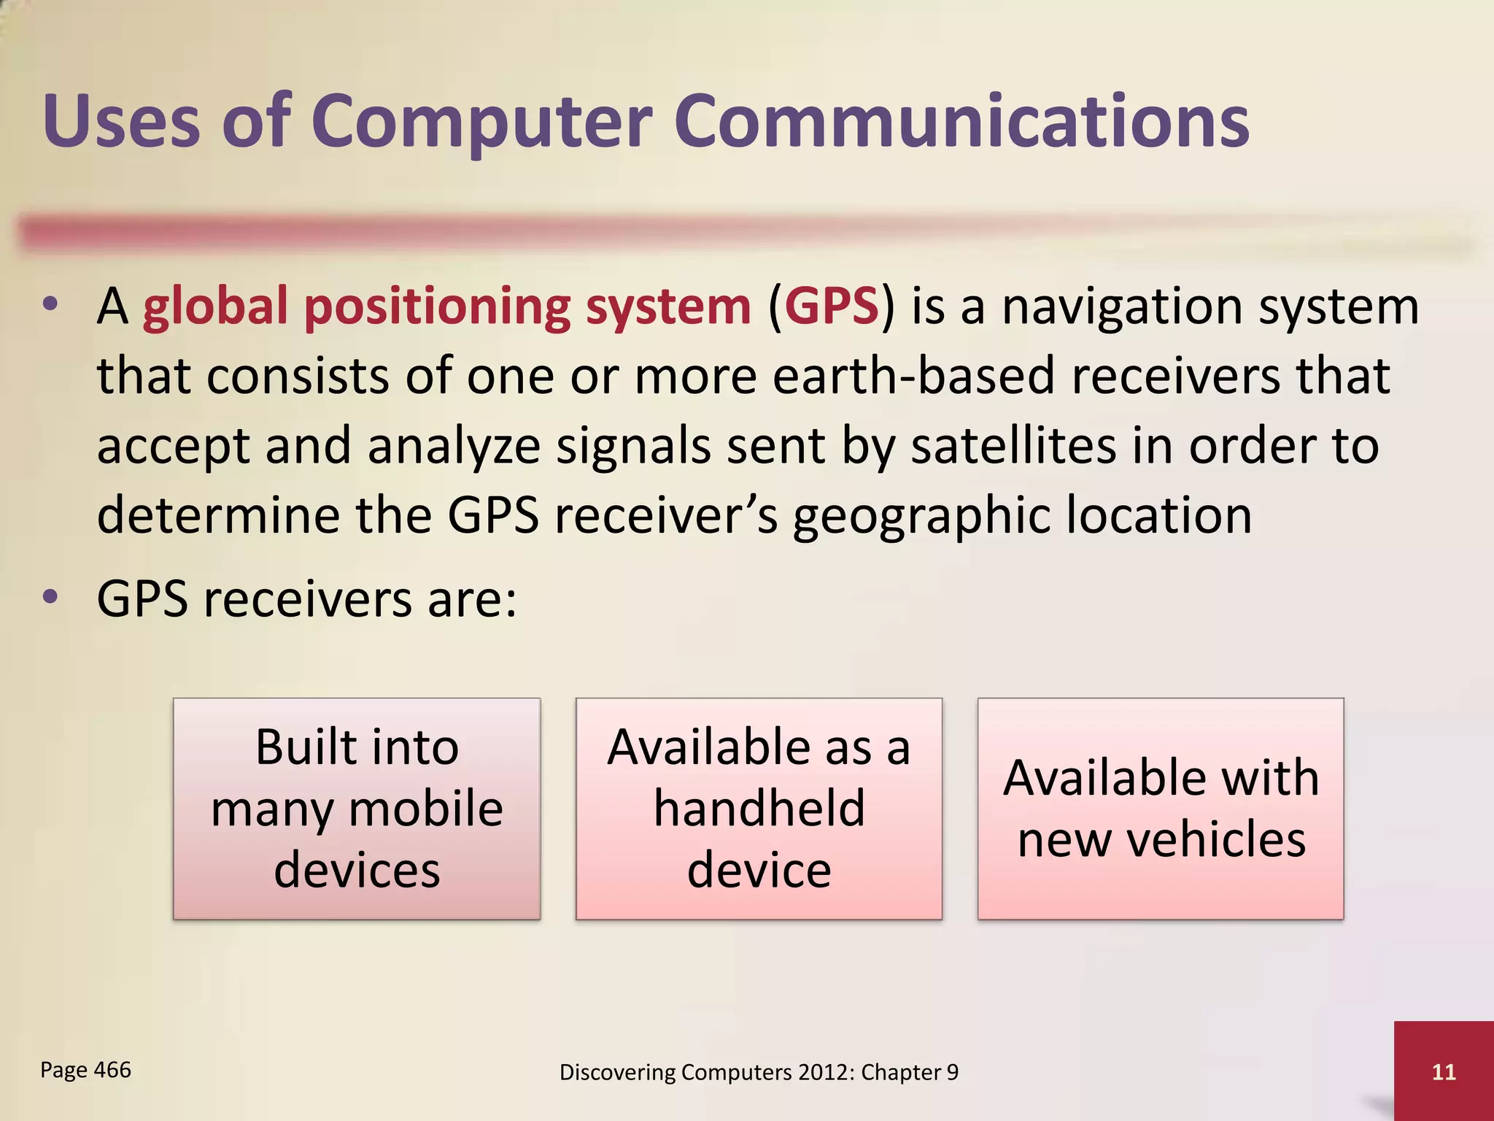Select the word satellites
click(x=1013, y=446)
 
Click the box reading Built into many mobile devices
click(x=357, y=808)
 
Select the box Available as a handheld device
click(x=759, y=808)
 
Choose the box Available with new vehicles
click(x=1161, y=808)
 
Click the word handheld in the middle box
click(x=759, y=809)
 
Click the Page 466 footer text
click(x=85, y=1070)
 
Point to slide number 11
click(x=1444, y=1071)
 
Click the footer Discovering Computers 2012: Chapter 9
click(x=759, y=1072)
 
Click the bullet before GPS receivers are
click(x=50, y=598)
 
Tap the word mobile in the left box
click(x=426, y=809)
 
